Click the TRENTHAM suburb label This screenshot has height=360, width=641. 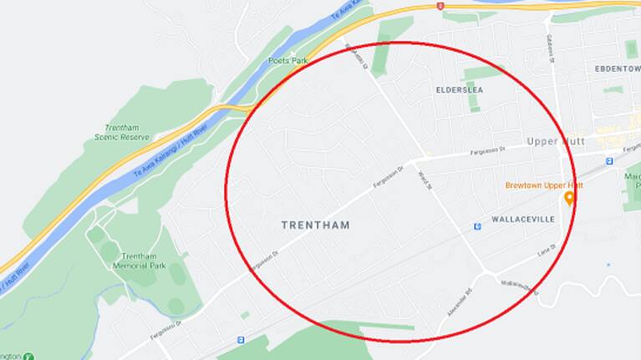[x=315, y=226]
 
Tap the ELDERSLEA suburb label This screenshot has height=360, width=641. [x=459, y=89]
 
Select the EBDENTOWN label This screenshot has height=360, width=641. [x=617, y=68]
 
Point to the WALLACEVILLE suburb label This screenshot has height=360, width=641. [x=523, y=219]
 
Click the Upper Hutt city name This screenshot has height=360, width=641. [x=555, y=142]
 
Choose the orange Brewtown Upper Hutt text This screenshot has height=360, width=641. [x=544, y=185]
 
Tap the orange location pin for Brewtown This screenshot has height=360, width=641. [x=570, y=198]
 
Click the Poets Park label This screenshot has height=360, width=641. [x=288, y=61]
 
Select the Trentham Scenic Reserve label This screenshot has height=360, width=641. [x=122, y=132]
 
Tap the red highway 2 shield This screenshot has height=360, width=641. [x=440, y=6]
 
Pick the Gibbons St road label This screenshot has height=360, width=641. [x=551, y=47]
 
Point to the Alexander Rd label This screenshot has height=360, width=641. [x=459, y=302]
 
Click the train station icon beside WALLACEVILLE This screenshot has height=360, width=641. [x=476, y=226]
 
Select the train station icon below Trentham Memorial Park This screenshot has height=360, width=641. [x=241, y=340]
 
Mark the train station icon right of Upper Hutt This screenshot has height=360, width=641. [x=609, y=160]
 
